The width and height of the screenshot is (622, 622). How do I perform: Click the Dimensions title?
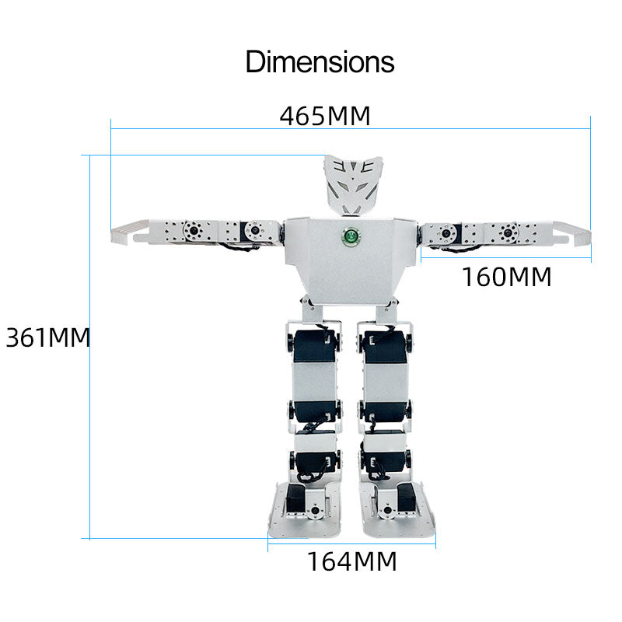click(320, 62)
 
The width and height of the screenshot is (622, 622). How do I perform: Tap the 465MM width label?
click(325, 116)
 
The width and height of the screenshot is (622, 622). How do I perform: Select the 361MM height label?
click(47, 337)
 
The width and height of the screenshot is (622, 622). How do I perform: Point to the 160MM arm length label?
click(507, 277)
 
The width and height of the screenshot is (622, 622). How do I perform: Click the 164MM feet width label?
click(352, 561)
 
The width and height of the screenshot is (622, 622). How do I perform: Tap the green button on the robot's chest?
click(351, 236)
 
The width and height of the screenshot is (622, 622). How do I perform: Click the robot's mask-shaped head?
click(353, 185)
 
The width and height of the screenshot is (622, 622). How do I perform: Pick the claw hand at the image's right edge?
click(571, 234)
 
